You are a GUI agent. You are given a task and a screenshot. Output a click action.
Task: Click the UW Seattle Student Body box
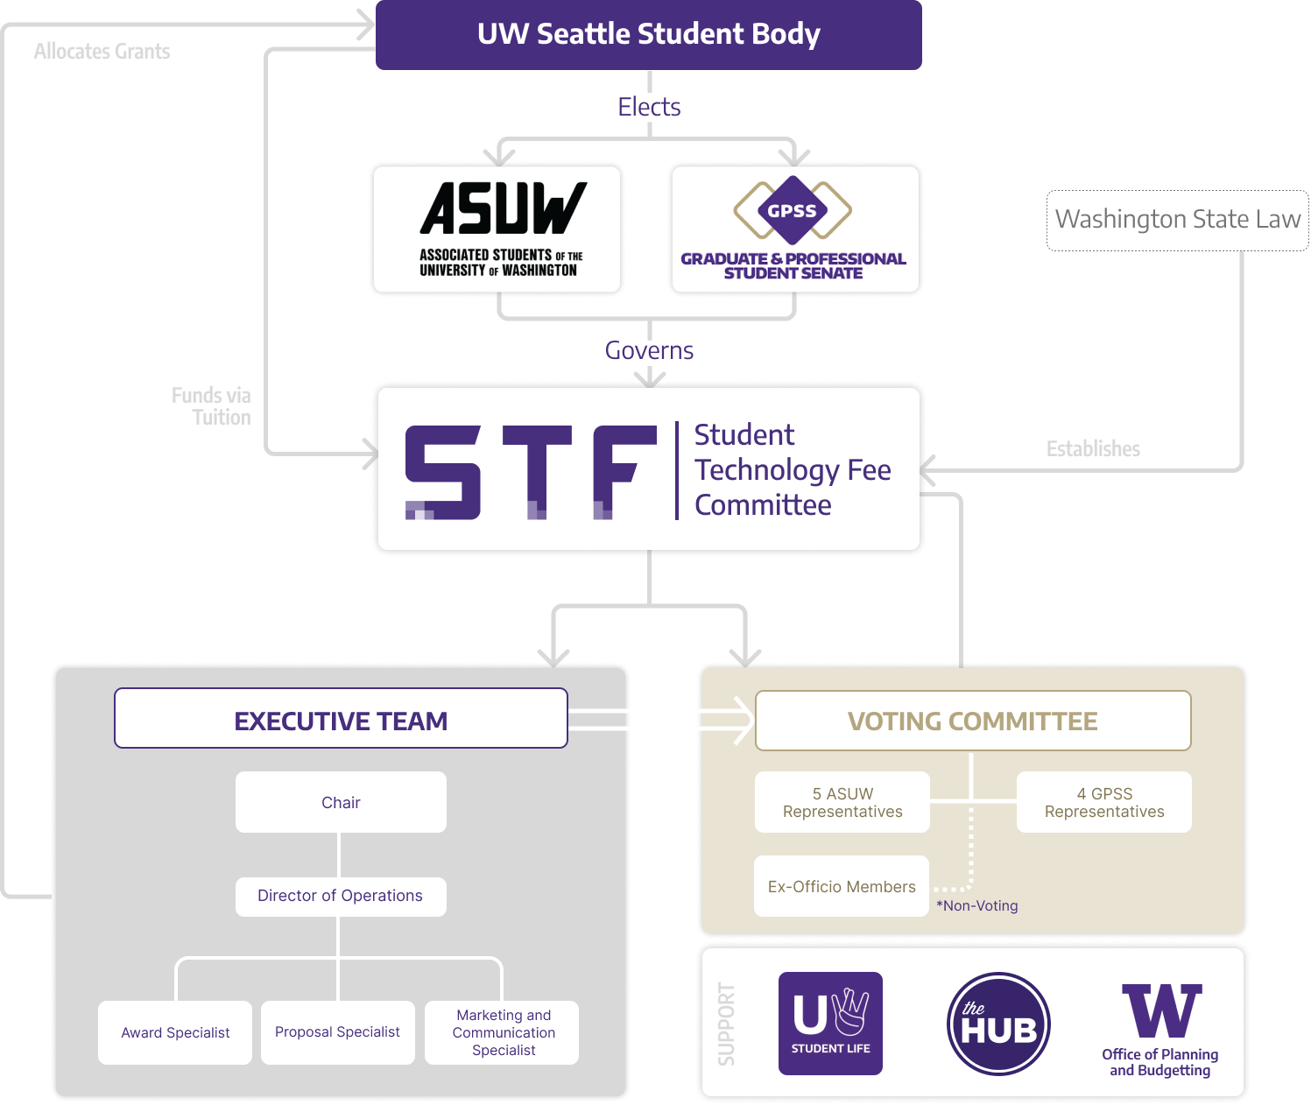(648, 35)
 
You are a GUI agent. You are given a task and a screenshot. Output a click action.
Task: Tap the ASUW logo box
(497, 229)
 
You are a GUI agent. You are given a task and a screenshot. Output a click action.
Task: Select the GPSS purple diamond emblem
(793, 210)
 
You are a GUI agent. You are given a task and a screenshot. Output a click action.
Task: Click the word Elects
(649, 107)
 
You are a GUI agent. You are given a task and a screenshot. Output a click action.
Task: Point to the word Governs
(649, 351)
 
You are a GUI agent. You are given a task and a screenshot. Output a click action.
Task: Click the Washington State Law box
(1177, 220)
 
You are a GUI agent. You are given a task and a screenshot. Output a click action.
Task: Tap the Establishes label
(1093, 449)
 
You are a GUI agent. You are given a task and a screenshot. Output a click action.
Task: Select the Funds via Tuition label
(212, 406)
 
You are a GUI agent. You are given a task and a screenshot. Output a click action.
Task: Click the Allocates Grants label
(102, 52)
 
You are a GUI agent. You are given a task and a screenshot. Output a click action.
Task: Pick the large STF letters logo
(531, 473)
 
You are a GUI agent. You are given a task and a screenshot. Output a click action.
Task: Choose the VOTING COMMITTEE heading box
(972, 721)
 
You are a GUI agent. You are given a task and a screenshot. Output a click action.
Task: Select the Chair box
(341, 803)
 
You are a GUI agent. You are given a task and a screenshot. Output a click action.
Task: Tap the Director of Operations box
(341, 897)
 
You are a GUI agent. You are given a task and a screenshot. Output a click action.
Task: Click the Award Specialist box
(175, 1033)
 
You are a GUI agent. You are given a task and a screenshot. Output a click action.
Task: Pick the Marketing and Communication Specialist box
(503, 1033)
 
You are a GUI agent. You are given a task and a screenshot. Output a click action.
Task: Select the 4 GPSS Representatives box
(1103, 803)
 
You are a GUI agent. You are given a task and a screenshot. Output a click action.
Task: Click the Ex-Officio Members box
(842, 887)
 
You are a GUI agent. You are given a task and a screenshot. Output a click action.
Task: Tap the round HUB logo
(998, 1024)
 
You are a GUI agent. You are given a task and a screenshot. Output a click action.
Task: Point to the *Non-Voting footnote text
(977, 906)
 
